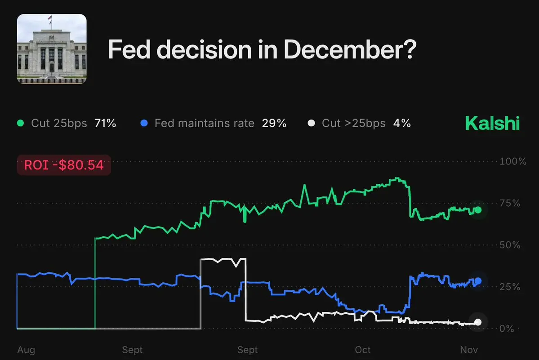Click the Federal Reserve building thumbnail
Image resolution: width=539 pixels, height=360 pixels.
click(52, 49)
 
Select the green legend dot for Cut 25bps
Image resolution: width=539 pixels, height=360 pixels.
click(20, 123)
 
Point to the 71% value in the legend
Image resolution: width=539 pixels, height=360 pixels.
click(105, 123)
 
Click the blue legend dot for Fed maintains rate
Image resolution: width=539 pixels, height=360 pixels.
click(144, 123)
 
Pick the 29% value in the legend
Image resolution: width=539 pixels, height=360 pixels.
click(274, 123)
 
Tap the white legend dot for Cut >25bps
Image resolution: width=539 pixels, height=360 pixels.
click(311, 123)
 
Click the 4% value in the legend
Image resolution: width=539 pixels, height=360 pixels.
click(402, 123)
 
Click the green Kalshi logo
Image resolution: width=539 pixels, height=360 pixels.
click(492, 123)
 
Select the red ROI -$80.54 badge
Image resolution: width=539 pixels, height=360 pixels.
click(63, 165)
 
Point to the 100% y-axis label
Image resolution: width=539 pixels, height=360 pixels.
click(513, 161)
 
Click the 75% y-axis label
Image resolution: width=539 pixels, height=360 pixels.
click(511, 203)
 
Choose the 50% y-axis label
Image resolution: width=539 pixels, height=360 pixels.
click(511, 245)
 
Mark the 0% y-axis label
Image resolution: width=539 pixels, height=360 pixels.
click(508, 329)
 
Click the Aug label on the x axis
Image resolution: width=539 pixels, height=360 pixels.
click(26, 350)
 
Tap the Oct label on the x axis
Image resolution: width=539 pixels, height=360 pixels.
click(363, 350)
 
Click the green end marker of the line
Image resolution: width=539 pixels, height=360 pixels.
click(478, 210)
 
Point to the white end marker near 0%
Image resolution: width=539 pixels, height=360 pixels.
click(478, 322)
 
